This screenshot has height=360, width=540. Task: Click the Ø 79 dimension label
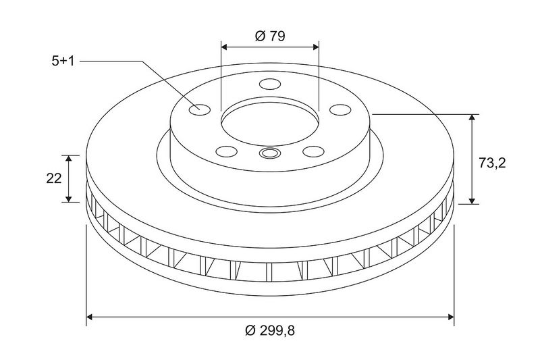[x=270, y=36]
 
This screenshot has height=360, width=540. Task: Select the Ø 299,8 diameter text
[x=270, y=331]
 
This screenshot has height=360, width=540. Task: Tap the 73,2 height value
[x=492, y=163]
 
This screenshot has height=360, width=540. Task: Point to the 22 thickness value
[x=54, y=178]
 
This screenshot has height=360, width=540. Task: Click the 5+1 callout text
[x=63, y=61]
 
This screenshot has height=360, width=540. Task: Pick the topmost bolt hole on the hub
[x=270, y=84]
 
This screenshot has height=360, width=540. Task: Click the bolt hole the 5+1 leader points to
[x=200, y=109]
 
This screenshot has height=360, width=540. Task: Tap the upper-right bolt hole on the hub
[x=340, y=109]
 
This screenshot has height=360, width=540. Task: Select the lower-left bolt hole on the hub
[x=226, y=151]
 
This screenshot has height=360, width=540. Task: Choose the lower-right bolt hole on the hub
[x=313, y=151]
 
